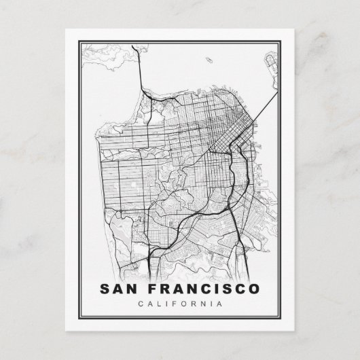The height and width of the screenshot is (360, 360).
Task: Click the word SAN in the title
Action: coord(118,288)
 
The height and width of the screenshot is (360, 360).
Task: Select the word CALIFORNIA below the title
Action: coord(180,304)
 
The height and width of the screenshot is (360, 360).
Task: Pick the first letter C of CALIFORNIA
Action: coord(140,304)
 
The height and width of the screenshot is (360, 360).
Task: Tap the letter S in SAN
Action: coord(105,288)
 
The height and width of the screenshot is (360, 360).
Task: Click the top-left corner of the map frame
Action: coord(79,42)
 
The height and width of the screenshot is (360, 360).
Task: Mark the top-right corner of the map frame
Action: coord(281,42)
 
